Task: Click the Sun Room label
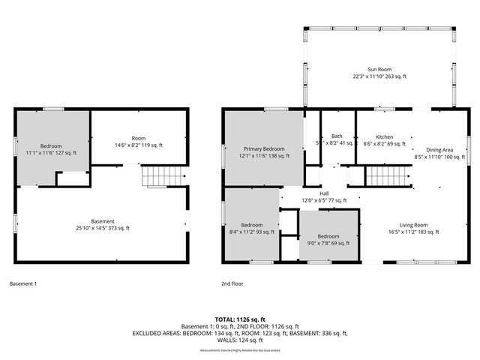point(379,73)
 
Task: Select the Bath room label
point(337,139)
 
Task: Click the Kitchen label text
point(384,140)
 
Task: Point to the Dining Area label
point(439,154)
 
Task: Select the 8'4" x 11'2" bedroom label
point(252,229)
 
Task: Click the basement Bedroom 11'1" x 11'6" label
point(51,149)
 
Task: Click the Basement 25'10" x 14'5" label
point(103,225)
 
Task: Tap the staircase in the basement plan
point(164,176)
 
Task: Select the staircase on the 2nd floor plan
point(388,176)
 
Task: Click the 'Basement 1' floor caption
point(22,283)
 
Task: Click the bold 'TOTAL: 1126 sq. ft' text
point(240,319)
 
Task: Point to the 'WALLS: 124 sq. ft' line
point(240,340)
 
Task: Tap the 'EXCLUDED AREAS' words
point(157,333)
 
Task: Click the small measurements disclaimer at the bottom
point(240,350)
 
